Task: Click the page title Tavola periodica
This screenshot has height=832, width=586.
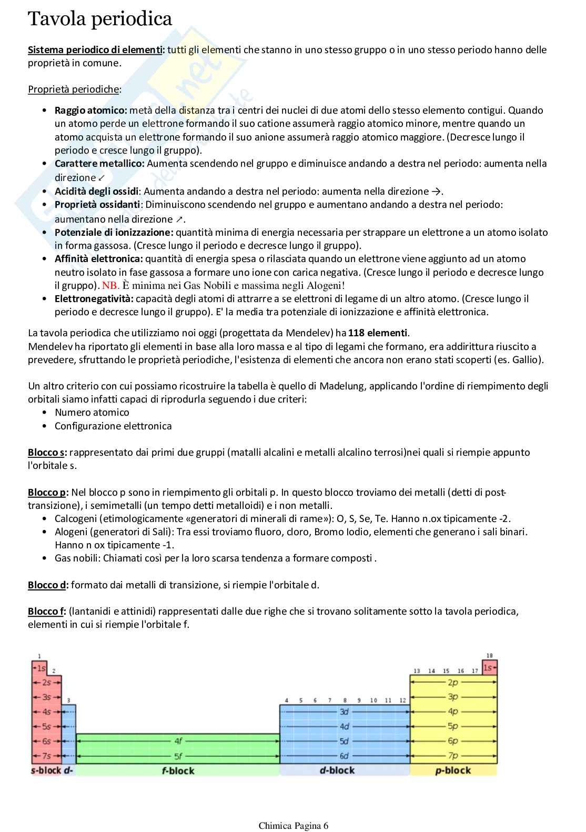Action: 100,19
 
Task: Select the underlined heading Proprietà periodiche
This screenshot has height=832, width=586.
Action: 74,89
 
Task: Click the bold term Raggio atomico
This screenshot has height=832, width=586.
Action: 90,111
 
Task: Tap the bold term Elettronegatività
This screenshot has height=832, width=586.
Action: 94,299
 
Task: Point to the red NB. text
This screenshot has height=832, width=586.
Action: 110,286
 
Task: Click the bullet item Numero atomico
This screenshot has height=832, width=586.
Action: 92,413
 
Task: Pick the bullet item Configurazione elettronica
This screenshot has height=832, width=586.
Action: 113,426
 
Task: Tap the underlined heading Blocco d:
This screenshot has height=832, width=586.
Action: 48,585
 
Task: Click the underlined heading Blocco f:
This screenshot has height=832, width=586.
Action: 47,612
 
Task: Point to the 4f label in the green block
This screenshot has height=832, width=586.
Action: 178,741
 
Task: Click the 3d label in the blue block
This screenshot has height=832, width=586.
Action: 344,711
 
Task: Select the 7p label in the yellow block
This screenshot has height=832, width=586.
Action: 453,756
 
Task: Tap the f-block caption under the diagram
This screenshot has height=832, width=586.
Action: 178,771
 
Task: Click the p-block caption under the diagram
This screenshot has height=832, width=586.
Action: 453,770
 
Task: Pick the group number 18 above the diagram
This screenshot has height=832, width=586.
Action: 490,656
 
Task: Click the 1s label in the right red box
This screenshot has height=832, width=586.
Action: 488,668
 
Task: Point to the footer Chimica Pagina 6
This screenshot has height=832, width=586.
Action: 293,826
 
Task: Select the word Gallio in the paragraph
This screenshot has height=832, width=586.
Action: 526,360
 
